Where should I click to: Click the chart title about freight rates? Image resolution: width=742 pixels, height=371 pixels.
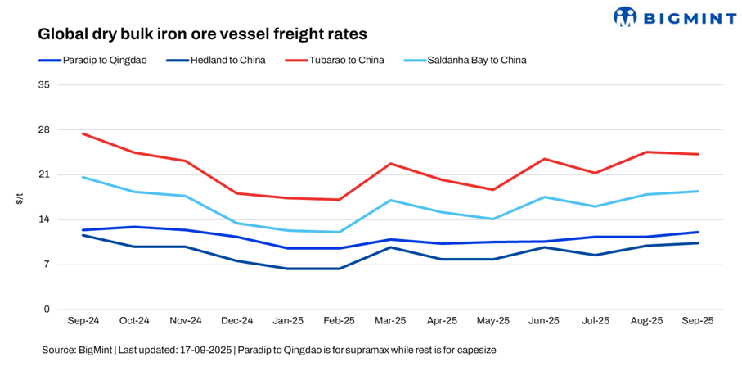tap(202, 34)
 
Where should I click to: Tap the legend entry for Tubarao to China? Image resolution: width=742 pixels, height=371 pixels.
tap(346, 60)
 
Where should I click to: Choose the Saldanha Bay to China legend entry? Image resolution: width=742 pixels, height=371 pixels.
tap(476, 60)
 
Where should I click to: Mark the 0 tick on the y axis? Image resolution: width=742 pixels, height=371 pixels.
tap(47, 309)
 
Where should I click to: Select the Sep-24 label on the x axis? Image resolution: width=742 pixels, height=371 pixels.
tap(83, 321)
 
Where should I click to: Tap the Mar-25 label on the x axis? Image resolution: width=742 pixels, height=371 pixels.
tap(390, 321)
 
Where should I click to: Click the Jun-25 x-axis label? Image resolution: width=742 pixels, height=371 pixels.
tap(544, 321)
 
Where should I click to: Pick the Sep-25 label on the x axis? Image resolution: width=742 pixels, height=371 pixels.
tap(698, 321)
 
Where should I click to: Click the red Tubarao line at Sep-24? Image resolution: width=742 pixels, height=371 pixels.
tap(83, 133)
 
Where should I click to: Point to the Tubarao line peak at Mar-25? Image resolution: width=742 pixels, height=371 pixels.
tap(391, 164)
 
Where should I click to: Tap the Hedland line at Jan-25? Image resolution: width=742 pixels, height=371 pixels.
tap(288, 269)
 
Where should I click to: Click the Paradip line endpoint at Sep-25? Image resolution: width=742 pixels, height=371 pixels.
tap(698, 232)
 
